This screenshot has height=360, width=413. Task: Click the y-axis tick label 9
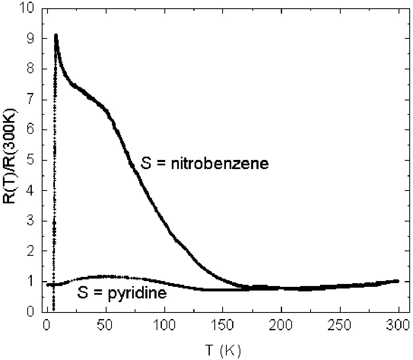coord(32,39)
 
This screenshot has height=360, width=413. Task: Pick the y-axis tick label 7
coord(32,100)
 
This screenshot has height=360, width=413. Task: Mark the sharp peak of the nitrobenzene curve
coord(56,36)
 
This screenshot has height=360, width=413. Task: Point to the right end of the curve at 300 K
coord(398,281)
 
